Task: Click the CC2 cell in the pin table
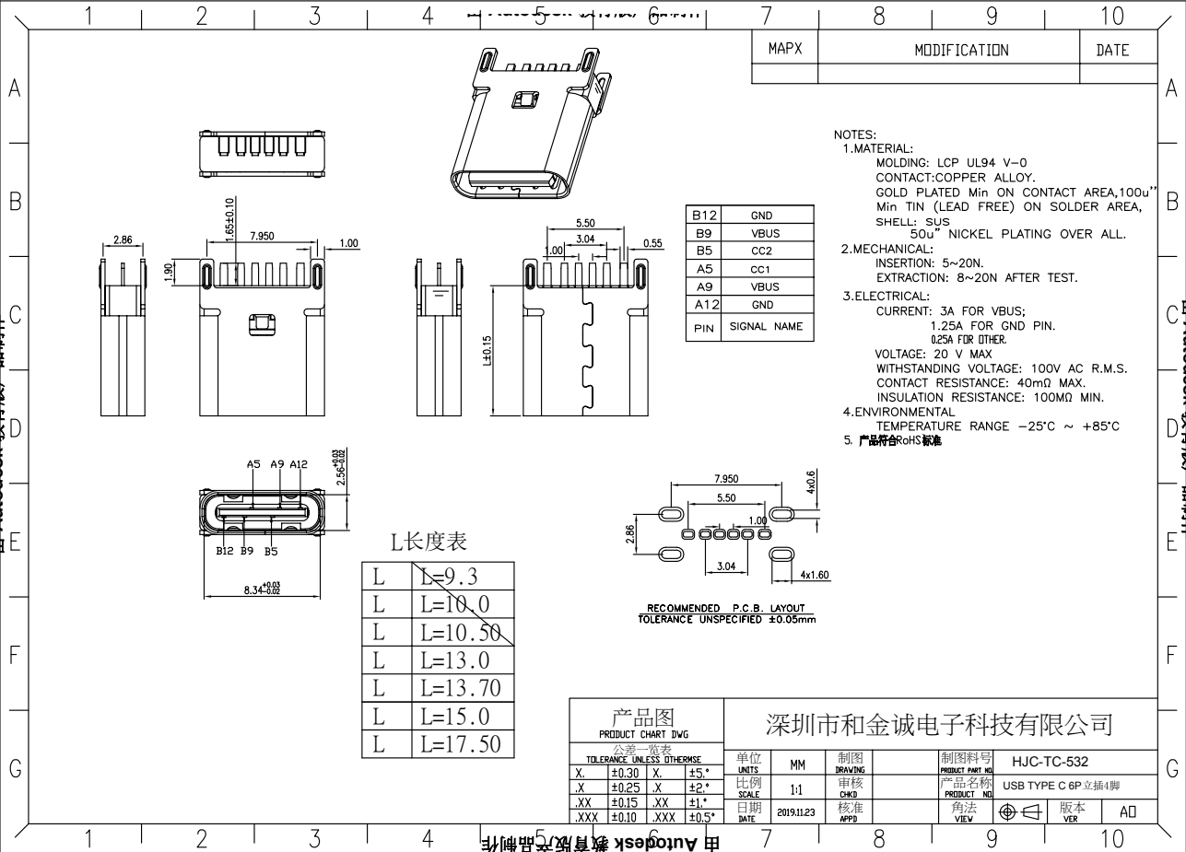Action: [x=761, y=251]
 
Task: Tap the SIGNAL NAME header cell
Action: [x=766, y=327]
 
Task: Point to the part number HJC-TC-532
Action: [x=1050, y=762]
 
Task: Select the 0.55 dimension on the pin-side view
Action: [x=653, y=243]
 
